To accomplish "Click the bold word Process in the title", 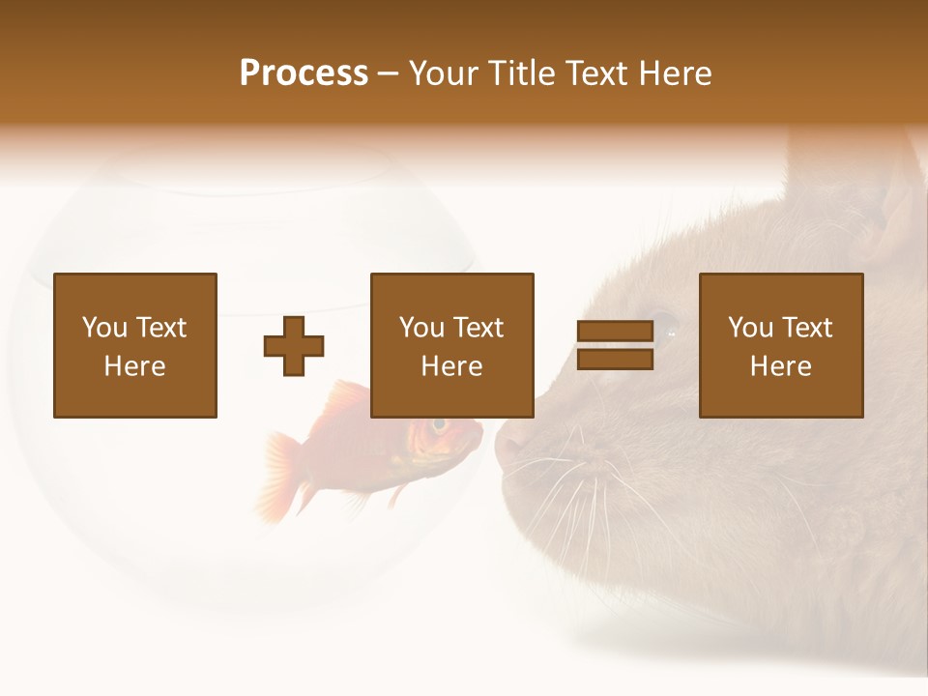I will (304, 72).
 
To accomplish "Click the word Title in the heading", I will (524, 72).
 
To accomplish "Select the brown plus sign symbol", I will (294, 346).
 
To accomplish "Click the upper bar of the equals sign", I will (615, 332).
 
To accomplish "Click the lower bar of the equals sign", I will (615, 360).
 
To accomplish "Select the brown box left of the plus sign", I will (135, 345).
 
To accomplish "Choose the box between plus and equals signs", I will (451, 345).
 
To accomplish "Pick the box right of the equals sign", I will (780, 345).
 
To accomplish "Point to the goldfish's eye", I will (440, 424).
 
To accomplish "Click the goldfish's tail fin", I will (280, 474).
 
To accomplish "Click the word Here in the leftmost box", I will (135, 366).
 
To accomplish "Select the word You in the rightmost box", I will (750, 328).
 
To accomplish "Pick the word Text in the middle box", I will (478, 328).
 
